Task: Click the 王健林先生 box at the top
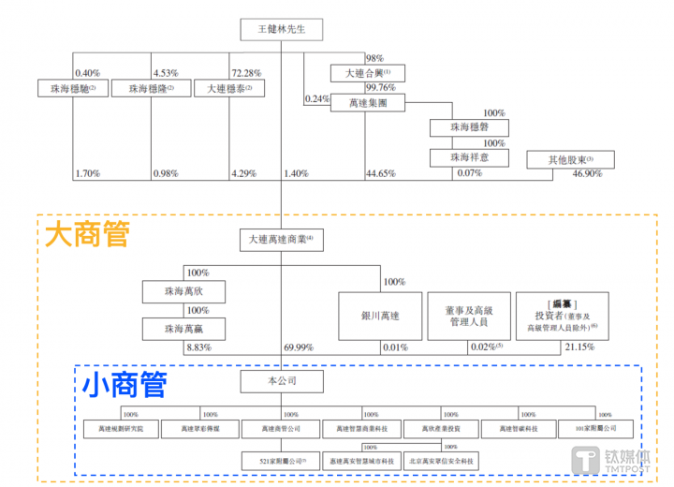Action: (283, 29)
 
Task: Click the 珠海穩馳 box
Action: (67, 88)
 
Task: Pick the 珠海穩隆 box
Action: (147, 88)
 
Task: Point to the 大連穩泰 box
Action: (229, 88)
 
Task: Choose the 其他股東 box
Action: (572, 159)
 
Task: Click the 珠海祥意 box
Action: (470, 156)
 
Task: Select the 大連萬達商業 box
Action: (281, 240)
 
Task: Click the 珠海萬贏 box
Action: (183, 329)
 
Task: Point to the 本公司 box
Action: (282, 381)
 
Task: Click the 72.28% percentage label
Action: (245, 72)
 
